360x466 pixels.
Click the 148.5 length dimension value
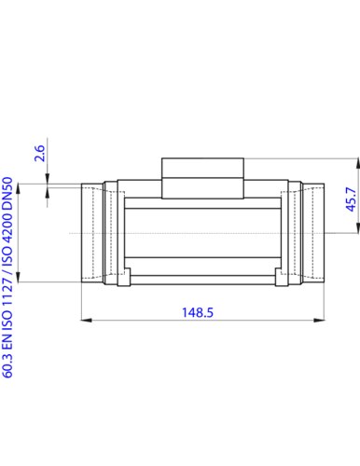[x=198, y=312]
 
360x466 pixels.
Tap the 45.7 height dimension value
[x=352, y=199]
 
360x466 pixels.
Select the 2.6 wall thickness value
[x=39, y=153]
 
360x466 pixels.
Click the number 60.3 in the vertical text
[x=7, y=365]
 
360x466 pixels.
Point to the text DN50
[x=7, y=192]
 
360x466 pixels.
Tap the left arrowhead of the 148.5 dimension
[x=87, y=320]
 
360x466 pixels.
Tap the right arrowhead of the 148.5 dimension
[x=319, y=320]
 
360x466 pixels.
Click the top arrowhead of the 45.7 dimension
[x=357, y=164]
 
